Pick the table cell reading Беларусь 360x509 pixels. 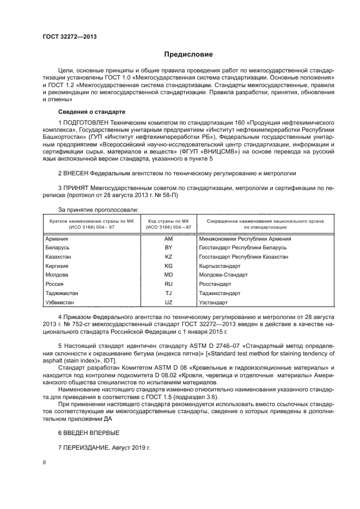point(62,247)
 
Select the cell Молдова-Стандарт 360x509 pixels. point(223,275)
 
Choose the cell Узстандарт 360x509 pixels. point(213,302)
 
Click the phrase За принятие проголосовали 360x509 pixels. point(98,209)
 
